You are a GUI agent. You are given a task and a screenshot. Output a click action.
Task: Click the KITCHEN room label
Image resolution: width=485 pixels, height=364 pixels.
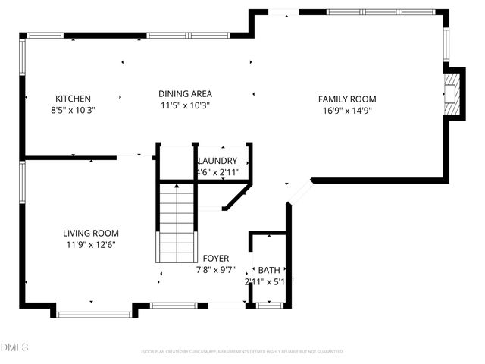click(x=73, y=99)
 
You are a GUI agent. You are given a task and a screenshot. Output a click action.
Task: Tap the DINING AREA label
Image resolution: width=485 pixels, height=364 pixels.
click(x=184, y=94)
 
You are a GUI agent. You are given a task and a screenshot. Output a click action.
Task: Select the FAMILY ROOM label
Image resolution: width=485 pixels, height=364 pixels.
click(x=347, y=99)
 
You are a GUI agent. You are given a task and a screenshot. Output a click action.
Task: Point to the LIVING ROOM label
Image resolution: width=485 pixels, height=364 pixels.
click(x=90, y=234)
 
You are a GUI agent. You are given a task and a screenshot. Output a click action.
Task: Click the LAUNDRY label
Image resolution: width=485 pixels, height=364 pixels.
click(x=217, y=162)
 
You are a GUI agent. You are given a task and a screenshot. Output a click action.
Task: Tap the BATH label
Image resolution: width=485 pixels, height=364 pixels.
click(x=268, y=270)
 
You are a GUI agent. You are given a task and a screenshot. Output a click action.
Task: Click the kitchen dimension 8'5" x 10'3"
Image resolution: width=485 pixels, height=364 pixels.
click(x=73, y=110)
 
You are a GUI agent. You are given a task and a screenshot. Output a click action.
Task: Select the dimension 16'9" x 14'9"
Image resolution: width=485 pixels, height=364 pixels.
click(x=347, y=110)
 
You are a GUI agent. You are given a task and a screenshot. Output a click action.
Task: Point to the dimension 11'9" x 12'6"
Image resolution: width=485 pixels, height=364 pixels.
click(x=90, y=245)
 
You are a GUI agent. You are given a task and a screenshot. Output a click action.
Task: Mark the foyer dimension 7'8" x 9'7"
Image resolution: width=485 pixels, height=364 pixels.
click(x=216, y=269)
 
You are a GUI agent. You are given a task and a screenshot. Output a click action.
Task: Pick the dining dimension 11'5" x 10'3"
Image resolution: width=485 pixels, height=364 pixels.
click(x=184, y=106)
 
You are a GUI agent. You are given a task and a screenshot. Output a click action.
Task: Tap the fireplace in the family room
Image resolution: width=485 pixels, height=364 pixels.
click(x=452, y=93)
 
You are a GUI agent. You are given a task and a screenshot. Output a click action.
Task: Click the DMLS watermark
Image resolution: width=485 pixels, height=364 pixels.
click(x=14, y=347)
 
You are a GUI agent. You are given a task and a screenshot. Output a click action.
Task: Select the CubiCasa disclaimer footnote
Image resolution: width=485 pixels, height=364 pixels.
click(x=242, y=352)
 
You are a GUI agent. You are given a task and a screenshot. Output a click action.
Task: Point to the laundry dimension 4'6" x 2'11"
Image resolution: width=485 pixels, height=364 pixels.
click(x=217, y=173)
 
